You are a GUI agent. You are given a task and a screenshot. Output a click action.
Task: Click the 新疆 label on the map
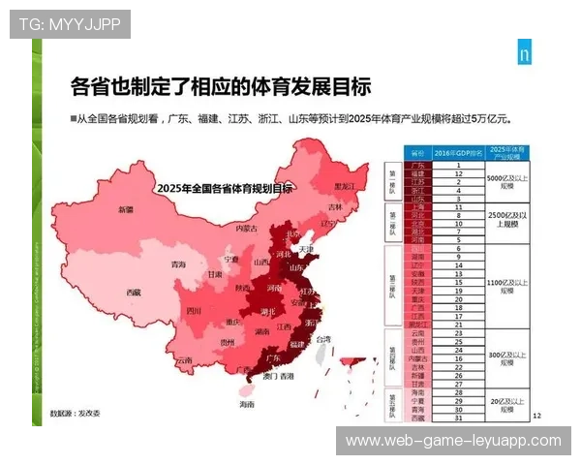coord(125,209)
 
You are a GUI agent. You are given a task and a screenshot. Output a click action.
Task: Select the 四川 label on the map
coord(194,312)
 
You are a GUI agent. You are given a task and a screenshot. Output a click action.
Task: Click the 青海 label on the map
coord(178,264)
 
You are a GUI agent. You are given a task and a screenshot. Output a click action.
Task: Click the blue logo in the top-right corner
coord(523,54)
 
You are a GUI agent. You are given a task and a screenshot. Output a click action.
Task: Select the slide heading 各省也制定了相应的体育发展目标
coord(221,87)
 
